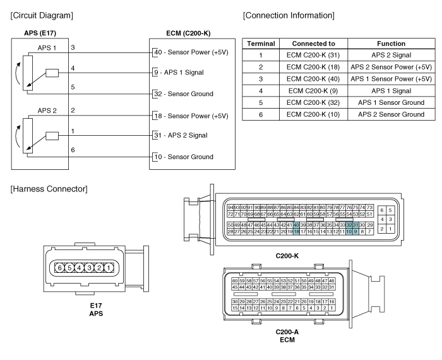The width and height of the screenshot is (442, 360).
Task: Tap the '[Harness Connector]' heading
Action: (42, 189)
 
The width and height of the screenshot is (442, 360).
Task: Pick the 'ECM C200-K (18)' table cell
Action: (314, 66)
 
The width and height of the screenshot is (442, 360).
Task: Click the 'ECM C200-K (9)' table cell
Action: (314, 90)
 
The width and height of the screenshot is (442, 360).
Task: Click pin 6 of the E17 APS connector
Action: (59, 268)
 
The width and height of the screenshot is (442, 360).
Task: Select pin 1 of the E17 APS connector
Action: (109, 268)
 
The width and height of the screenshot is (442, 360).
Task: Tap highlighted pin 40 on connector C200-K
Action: (296, 225)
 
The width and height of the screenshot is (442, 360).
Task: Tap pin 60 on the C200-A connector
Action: (235, 280)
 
